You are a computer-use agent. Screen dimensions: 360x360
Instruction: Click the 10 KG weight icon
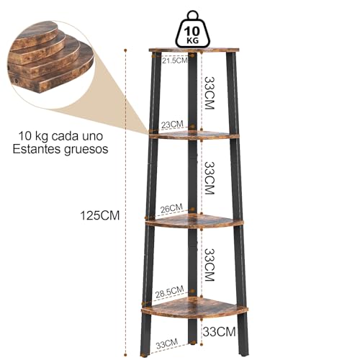(193, 30)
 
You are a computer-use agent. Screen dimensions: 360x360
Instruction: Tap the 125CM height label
(99, 215)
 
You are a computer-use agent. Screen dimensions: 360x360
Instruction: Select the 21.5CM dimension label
(174, 60)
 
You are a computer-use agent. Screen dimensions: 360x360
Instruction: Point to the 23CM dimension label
(172, 125)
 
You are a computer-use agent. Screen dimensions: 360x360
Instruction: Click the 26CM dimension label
(171, 208)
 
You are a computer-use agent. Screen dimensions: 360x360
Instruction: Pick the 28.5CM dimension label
(169, 291)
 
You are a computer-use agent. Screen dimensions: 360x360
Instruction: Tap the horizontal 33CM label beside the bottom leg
(219, 332)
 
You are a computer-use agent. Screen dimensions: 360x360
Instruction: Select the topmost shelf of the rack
(194, 50)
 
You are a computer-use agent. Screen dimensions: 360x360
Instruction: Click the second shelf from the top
(194, 135)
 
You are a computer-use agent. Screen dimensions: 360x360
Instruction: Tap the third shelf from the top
(194, 222)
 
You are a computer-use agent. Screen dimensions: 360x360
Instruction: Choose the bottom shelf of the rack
(194, 308)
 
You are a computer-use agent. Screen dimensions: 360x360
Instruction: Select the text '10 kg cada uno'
(60, 136)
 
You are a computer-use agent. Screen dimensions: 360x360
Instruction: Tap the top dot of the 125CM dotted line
(125, 50)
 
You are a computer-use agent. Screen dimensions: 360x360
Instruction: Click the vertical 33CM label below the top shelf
(210, 93)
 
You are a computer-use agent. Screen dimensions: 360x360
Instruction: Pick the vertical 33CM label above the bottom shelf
(210, 264)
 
